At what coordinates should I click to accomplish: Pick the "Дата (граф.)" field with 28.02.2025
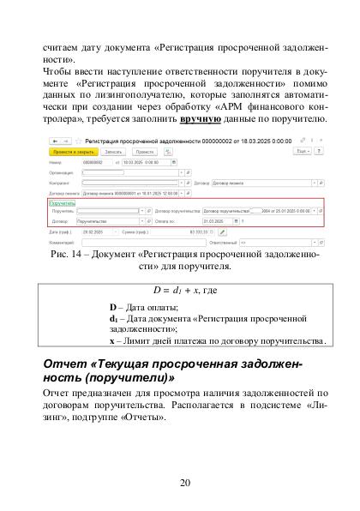pos(94,231)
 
